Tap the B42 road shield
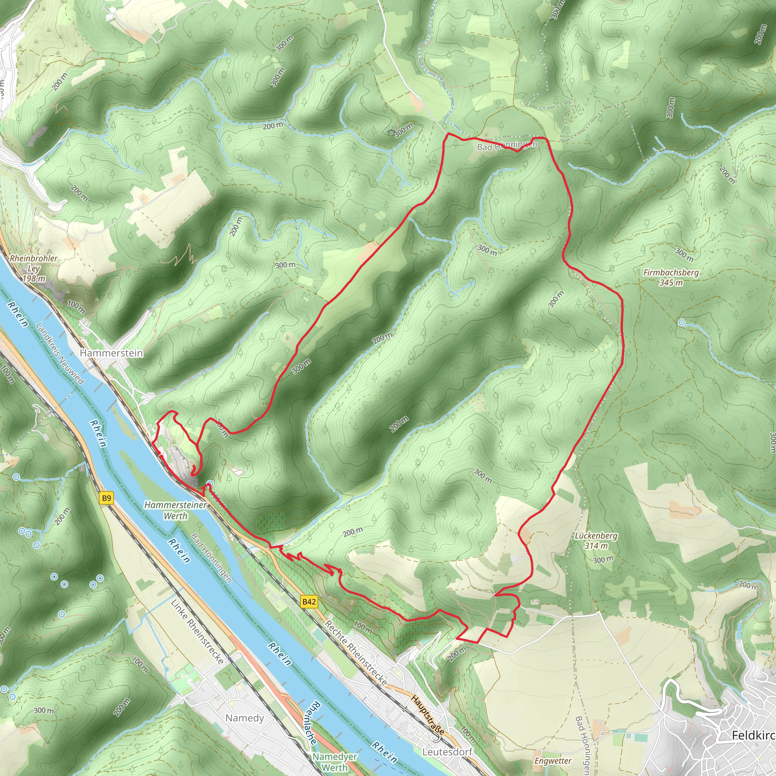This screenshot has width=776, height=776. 309,602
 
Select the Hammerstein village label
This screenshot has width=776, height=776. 111,353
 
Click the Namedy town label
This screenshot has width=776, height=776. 244,718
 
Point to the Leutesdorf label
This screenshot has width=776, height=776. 447,751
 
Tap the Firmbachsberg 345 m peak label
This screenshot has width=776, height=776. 671,277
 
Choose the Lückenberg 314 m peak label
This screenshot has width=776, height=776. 596,540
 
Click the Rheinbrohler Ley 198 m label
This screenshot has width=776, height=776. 34,268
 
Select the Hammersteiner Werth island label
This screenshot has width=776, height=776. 175,510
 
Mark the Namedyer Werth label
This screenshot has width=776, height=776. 335,762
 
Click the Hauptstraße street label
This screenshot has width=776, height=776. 428,715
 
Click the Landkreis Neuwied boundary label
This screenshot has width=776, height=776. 60,354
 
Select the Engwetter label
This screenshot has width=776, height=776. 553,761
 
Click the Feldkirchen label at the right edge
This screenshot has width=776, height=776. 753,735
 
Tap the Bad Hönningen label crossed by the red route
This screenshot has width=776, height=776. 507,146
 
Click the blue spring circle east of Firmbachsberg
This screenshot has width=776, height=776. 682,322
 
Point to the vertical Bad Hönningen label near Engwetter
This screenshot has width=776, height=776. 583,745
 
